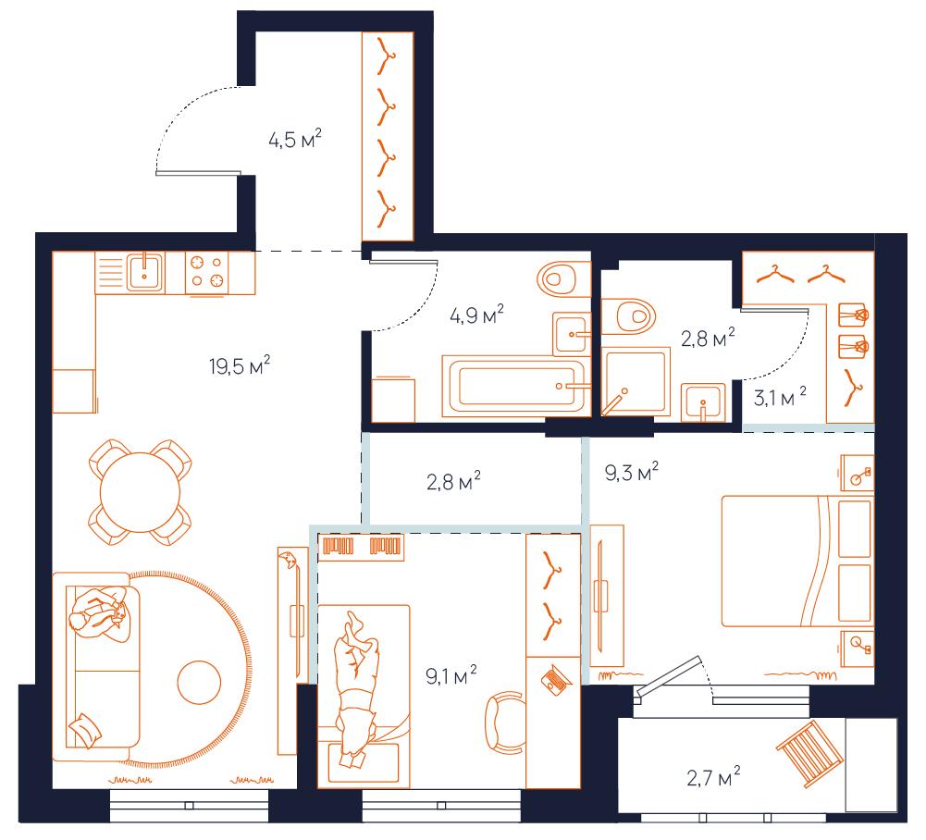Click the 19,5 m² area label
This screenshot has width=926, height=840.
tap(240, 365)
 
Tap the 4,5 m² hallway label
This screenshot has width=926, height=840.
tap(295, 140)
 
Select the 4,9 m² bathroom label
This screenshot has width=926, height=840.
tap(476, 315)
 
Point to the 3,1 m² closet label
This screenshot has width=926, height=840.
tap(780, 397)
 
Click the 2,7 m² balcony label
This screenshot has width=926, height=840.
tap(713, 777)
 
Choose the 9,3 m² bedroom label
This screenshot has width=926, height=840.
tap(631, 472)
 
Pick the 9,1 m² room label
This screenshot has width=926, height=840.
tap(451, 675)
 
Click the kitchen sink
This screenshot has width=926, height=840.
tap(144, 272)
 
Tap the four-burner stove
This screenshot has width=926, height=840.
tap(206, 272)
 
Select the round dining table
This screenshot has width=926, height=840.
tap(141, 493)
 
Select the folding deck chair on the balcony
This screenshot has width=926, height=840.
tap(809, 754)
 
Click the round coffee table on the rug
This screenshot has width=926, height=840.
tap(200, 683)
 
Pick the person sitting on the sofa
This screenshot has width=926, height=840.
tap(98, 615)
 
